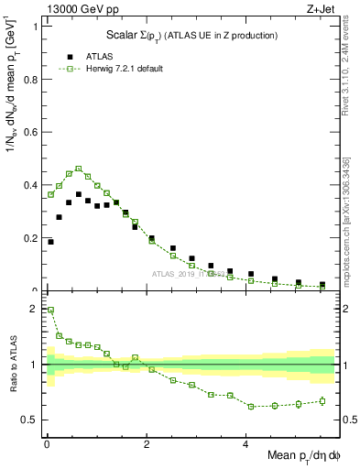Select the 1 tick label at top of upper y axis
[35, 26]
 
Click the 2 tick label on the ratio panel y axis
[35, 309]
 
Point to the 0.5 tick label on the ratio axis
[29, 420]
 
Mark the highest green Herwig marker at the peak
[79, 169]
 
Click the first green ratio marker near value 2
[50, 310]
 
